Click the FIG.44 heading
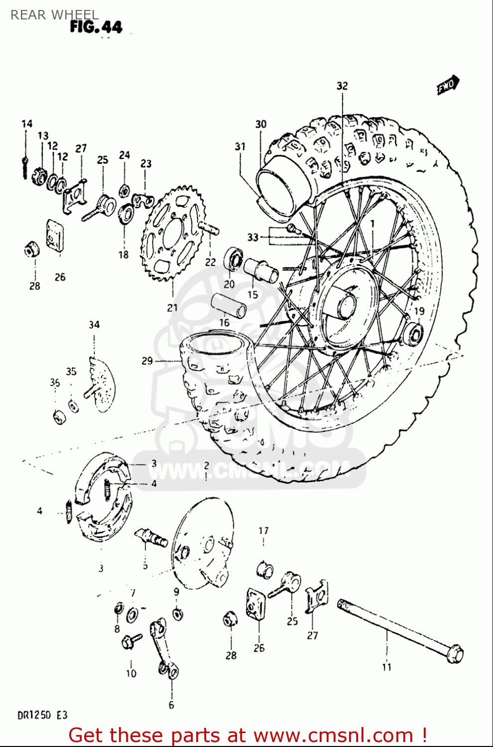pyautogui.click(x=96, y=26)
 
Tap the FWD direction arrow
pyautogui.click(x=448, y=85)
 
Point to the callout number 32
pyautogui.click(x=342, y=86)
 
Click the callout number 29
pyautogui.click(x=147, y=361)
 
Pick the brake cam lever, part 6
pyautogui.click(x=164, y=647)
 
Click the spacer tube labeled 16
pyautogui.click(x=229, y=304)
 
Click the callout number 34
pyautogui.click(x=94, y=325)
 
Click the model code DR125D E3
pyautogui.click(x=42, y=716)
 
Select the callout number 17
pyautogui.click(x=263, y=531)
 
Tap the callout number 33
pyautogui.click(x=253, y=237)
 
